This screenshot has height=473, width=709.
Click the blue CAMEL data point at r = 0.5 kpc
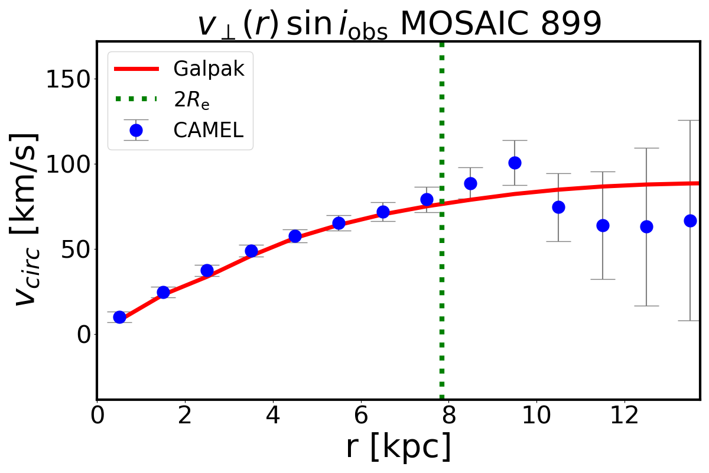[x=119, y=317]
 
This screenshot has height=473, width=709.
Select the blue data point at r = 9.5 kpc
[x=515, y=163]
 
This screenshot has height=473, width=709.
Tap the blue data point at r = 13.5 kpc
[x=690, y=221]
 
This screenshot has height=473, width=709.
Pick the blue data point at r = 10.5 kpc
[x=558, y=207]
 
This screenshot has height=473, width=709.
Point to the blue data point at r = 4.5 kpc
[x=295, y=236]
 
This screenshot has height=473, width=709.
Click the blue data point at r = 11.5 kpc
[x=603, y=225]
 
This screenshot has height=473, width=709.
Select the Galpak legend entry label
[x=209, y=69]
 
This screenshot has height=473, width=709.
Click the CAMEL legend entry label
[x=208, y=130]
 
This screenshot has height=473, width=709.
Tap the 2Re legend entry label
[x=191, y=100]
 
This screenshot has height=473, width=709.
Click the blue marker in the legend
[x=136, y=130]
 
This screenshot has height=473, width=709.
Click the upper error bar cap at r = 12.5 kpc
[x=646, y=148]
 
